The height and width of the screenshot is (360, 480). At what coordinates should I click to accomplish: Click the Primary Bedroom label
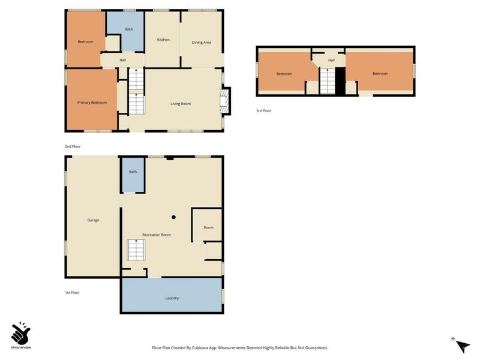(92, 103)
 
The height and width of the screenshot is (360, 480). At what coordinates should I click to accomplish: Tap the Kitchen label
(163, 40)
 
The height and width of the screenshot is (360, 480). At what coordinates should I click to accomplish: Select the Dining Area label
(201, 42)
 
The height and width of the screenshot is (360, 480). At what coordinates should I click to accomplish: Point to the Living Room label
(180, 104)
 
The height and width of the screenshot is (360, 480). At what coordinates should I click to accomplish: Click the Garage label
(93, 220)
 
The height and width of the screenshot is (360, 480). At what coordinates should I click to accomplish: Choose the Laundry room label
(172, 298)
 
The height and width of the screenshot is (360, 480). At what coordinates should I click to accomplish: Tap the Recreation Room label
(157, 235)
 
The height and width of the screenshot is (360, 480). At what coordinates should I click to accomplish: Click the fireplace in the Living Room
(226, 101)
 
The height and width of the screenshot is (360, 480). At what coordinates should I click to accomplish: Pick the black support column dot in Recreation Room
(173, 217)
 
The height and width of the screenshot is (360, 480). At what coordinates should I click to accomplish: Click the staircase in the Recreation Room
(136, 250)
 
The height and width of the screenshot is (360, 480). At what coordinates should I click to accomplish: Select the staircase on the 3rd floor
(327, 81)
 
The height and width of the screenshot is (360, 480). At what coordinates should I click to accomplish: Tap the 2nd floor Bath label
(128, 29)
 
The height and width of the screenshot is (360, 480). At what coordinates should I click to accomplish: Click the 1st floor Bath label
(133, 172)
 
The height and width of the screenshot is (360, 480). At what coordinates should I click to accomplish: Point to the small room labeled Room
(208, 227)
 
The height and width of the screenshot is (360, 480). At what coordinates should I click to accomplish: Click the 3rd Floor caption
(263, 110)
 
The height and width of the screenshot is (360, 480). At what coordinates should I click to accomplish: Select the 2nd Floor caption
(73, 146)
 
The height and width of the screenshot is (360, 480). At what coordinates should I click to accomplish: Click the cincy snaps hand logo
(21, 332)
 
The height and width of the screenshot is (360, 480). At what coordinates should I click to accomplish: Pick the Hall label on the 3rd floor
(331, 60)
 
